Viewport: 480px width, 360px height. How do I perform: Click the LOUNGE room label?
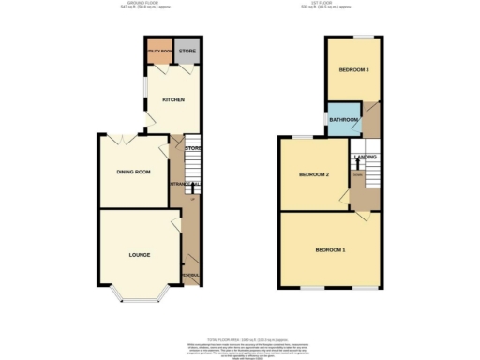point(140,254)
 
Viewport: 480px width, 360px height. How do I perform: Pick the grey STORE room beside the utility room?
point(187,52)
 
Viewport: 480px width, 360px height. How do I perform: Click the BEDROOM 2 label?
point(313,174)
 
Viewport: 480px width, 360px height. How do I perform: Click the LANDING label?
point(365,157)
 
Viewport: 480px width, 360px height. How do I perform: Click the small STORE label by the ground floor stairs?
point(192,148)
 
